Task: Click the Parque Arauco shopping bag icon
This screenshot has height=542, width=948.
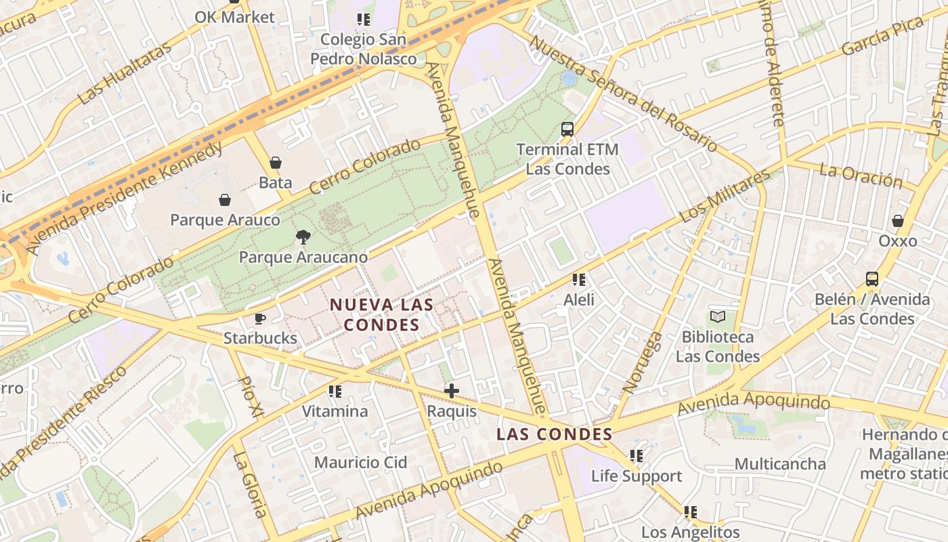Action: [225, 200]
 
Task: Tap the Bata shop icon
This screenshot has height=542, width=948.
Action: [276, 163]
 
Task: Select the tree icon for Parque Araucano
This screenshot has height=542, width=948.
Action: [303, 236]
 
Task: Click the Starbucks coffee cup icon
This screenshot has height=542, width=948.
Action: [259, 318]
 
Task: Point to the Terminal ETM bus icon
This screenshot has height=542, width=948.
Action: [567, 129]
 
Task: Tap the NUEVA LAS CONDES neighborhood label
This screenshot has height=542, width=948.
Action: [381, 314]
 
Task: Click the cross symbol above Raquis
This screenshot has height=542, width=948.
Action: [452, 391]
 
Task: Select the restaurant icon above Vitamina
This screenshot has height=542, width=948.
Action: [335, 392]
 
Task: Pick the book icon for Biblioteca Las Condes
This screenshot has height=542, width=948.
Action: [717, 316]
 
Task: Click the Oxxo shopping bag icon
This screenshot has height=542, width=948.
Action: [897, 221]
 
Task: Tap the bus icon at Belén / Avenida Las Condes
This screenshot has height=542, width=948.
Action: [872, 278]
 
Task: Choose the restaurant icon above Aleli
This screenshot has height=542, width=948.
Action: [578, 279]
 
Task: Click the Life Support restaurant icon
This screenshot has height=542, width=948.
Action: [636, 456]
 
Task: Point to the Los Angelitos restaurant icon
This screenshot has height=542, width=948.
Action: [690, 512]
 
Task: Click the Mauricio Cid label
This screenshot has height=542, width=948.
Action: [361, 463]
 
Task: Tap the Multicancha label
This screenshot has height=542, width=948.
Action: [780, 464]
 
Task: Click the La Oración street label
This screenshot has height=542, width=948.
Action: [861, 175]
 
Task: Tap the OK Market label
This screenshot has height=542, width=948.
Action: [235, 17]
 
